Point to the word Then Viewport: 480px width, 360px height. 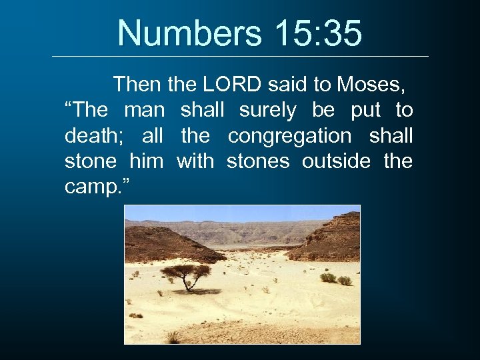(x=137, y=85)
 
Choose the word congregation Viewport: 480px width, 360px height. (x=289, y=136)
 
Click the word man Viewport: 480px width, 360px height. (x=145, y=110)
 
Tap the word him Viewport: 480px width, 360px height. (x=145, y=161)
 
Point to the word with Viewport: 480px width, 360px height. (x=195, y=161)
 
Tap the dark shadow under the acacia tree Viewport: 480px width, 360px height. (x=197, y=291)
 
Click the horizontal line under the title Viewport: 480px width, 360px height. (x=240, y=56)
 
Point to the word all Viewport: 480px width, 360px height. (x=153, y=136)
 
